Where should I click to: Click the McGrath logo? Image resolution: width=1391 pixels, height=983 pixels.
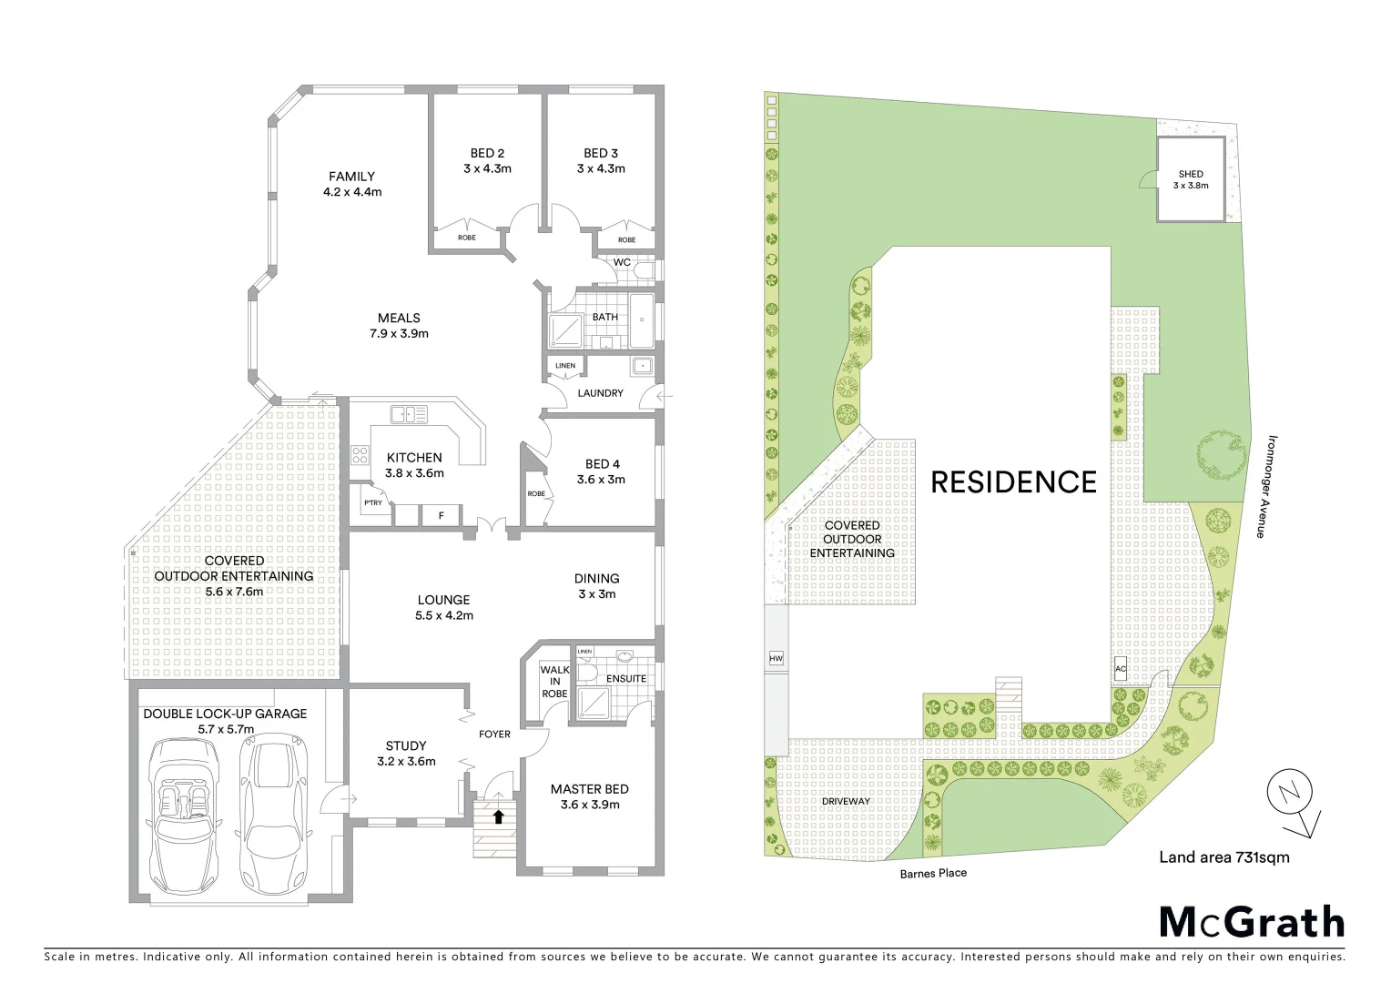(1251, 922)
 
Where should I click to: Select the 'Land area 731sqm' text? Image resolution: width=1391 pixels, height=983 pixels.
(1223, 856)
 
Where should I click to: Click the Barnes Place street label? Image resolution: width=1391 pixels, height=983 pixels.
(933, 873)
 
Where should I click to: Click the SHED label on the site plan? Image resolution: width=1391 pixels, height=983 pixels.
(1190, 174)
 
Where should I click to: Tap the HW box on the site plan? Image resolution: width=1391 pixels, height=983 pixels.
(776, 658)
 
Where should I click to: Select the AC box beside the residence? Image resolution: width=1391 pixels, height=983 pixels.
(1121, 669)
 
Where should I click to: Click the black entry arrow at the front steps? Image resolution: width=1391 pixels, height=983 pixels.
(498, 816)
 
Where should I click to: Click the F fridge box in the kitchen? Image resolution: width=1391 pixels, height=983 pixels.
(442, 515)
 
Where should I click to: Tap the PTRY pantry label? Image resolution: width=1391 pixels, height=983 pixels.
(372, 502)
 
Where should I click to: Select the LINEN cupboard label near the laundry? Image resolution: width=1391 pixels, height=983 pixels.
(564, 366)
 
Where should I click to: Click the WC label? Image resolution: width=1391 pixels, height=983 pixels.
(622, 262)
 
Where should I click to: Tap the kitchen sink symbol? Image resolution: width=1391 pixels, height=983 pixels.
(409, 415)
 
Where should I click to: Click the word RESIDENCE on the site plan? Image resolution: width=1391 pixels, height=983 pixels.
(1013, 481)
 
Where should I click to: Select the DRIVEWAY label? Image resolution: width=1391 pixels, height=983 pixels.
(846, 801)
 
